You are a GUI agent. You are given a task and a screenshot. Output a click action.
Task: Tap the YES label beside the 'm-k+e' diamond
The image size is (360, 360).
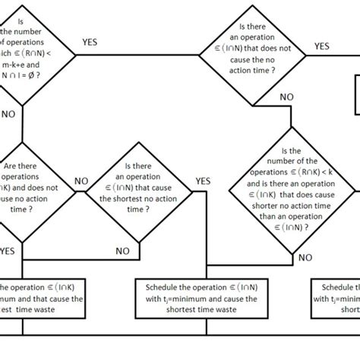[90, 43]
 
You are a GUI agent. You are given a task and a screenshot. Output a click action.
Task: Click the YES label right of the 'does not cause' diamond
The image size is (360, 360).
[321, 46]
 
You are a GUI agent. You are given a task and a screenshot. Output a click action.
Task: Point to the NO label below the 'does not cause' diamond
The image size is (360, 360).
[286, 97]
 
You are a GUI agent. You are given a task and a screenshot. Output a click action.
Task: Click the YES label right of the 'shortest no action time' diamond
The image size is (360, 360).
[203, 181]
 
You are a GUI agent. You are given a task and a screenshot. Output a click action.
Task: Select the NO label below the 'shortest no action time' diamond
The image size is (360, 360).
[122, 251]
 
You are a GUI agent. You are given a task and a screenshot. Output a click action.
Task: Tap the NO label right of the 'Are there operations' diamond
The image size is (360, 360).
[81, 182]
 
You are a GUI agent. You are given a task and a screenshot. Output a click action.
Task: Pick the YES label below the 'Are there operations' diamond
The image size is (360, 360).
[8, 250]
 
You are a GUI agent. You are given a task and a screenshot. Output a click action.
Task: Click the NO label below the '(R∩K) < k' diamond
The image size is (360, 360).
[305, 257]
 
